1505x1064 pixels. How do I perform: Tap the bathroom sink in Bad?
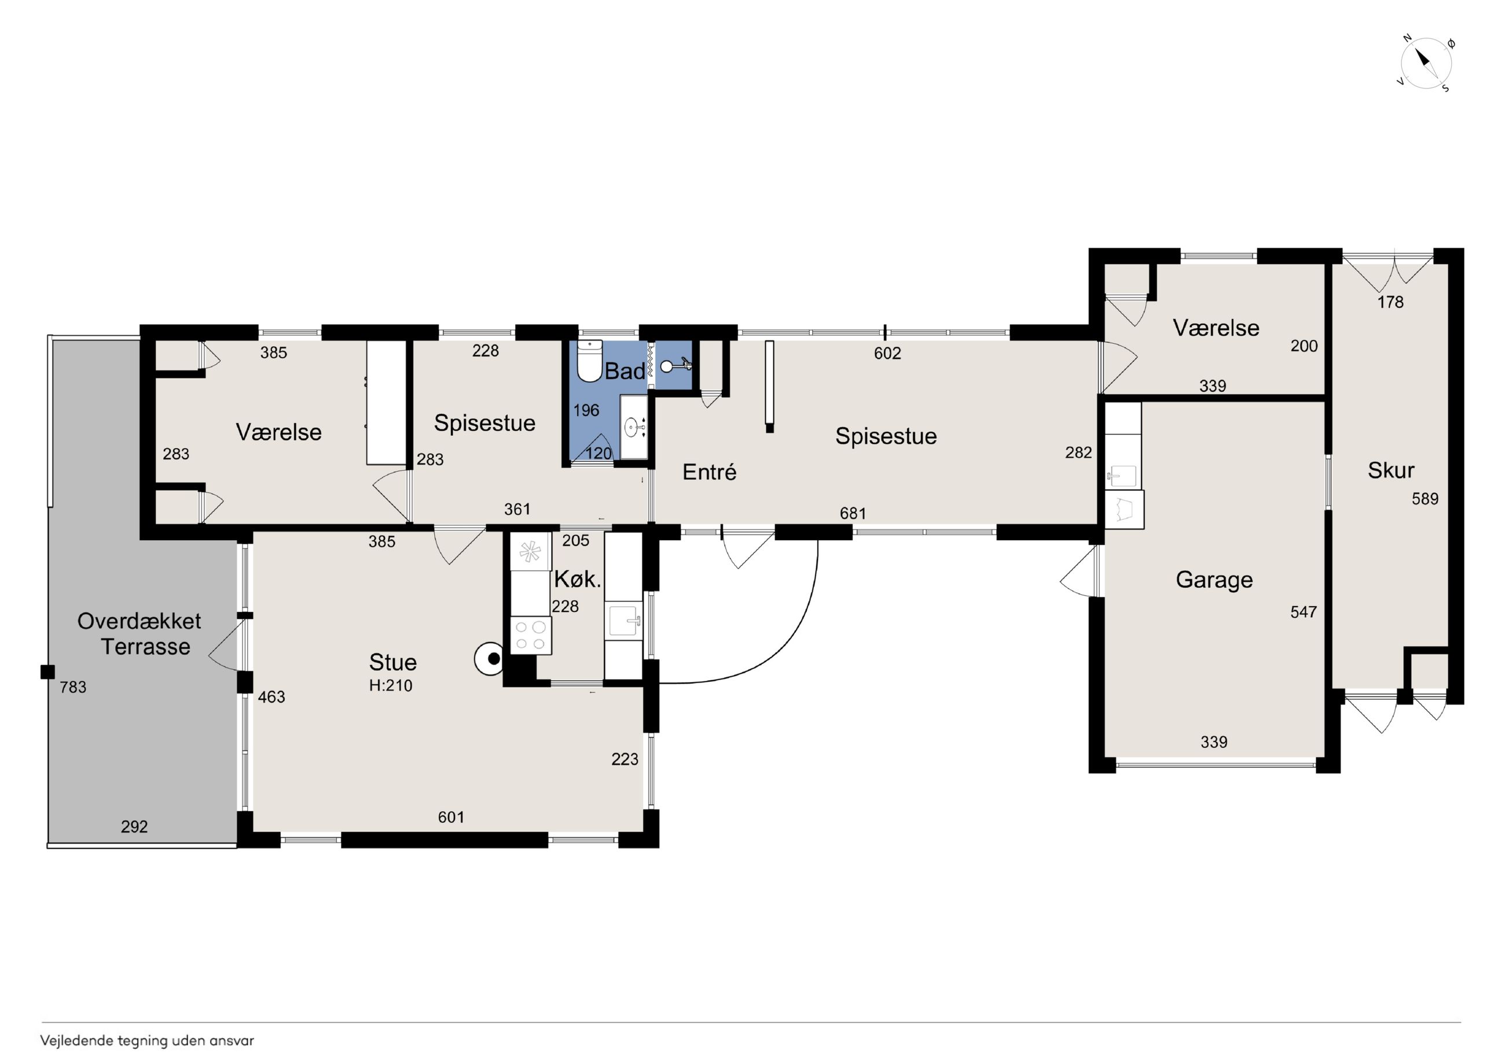tap(633, 427)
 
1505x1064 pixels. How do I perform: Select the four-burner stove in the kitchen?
tap(531, 635)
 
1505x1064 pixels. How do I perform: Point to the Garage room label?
tap(1214, 579)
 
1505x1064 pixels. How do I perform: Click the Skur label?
tap(1391, 470)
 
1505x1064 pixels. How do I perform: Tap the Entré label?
tap(709, 472)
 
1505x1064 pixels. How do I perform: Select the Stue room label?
tap(392, 662)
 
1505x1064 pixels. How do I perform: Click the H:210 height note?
tap(391, 686)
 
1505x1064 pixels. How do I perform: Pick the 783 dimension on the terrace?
tap(73, 687)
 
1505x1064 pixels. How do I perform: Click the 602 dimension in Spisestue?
tap(887, 353)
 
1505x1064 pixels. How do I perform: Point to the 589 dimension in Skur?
tap(1425, 499)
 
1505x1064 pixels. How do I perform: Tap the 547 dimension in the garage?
tap(1304, 612)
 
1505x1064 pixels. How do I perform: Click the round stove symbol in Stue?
tap(490, 659)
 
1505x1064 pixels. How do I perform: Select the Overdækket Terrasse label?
tap(139, 633)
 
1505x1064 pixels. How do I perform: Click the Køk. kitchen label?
tap(578, 579)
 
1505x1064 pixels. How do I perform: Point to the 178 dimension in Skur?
tap(1390, 302)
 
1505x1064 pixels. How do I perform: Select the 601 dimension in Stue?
tap(451, 817)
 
